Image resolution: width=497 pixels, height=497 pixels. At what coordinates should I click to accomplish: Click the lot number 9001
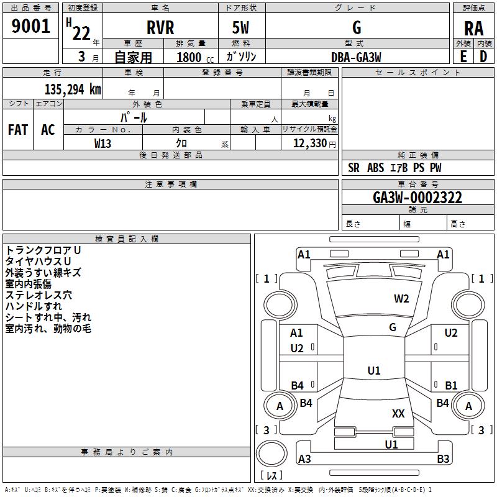(x=30, y=26)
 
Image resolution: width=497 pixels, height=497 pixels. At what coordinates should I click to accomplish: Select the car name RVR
(x=160, y=27)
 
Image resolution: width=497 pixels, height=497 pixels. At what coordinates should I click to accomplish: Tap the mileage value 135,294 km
(x=73, y=89)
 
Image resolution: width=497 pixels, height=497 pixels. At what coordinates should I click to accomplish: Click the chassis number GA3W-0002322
(x=417, y=198)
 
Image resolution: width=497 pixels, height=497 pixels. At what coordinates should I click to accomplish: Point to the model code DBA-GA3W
(x=356, y=57)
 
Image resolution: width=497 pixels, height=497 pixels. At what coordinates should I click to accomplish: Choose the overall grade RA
(x=473, y=29)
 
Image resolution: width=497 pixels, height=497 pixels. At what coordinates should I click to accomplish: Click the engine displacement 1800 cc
(x=195, y=57)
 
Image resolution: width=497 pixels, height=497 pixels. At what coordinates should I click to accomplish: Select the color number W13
(x=103, y=144)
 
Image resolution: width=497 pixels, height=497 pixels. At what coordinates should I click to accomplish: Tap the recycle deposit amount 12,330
(x=309, y=143)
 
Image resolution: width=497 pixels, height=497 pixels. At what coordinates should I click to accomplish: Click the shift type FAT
(x=18, y=130)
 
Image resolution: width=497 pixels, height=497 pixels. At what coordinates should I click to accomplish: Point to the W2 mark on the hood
(x=401, y=299)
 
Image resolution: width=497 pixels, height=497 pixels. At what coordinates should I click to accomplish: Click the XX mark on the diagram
(x=398, y=413)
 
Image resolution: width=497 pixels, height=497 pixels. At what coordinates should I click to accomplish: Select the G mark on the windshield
(x=393, y=327)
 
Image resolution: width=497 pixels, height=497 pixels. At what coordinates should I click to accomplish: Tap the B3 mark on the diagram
(x=443, y=458)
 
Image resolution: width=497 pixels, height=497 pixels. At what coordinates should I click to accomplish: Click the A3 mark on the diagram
(x=304, y=458)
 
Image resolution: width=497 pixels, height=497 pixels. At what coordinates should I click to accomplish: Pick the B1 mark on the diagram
(x=451, y=385)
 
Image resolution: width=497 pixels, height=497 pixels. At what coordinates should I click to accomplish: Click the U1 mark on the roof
(x=374, y=370)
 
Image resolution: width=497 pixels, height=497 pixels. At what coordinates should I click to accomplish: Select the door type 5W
(x=240, y=27)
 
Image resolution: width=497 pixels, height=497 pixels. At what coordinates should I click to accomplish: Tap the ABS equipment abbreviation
(x=375, y=168)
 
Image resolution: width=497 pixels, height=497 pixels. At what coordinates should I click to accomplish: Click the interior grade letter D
(x=483, y=57)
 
